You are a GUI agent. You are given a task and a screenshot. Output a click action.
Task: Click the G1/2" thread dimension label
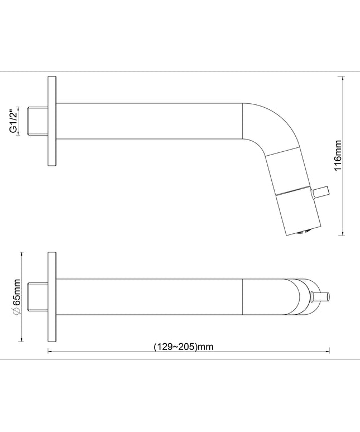pos(13,121)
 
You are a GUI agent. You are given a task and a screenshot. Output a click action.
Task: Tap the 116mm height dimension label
pos(338,156)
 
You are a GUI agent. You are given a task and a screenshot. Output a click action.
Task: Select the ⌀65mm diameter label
pos(17,297)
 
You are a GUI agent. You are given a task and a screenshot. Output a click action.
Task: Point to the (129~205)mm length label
pos(184,346)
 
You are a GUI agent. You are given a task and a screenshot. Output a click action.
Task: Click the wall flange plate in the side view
pos(52,121)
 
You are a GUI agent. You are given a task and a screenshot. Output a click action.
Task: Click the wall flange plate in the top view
pos(52,297)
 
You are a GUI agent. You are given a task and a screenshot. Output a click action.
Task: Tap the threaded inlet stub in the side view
pos(38,121)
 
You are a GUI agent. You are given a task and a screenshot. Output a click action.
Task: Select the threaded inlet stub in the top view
pos(38,297)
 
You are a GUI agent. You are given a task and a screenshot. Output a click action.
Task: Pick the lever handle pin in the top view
pos(320,297)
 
